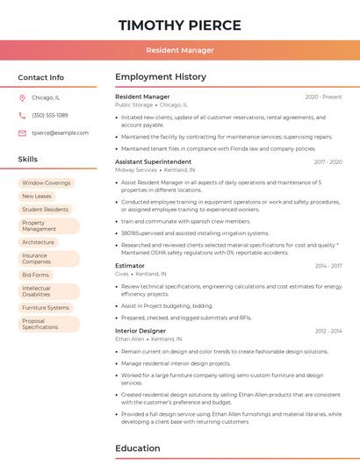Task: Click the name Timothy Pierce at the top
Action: tap(179, 24)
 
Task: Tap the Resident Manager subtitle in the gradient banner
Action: tap(179, 50)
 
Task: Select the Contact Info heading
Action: tap(41, 77)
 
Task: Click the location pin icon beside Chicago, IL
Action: tap(22, 98)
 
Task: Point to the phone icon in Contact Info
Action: tap(22, 116)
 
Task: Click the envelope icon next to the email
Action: tap(22, 133)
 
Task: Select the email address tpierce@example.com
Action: tap(60, 133)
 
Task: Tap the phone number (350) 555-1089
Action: tap(49, 116)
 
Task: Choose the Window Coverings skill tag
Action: tap(46, 183)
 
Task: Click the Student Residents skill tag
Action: tap(45, 210)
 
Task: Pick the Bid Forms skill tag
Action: tap(36, 275)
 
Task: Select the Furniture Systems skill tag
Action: tap(46, 308)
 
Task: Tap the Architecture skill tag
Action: tap(38, 242)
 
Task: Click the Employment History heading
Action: tap(161, 77)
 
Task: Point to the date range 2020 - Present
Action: tap(323, 97)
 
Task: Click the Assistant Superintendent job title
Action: tap(153, 162)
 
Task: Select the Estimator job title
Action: tap(130, 266)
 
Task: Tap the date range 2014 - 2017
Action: tap(328, 266)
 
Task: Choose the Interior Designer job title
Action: tap(140, 331)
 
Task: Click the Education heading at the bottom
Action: tap(138, 448)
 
